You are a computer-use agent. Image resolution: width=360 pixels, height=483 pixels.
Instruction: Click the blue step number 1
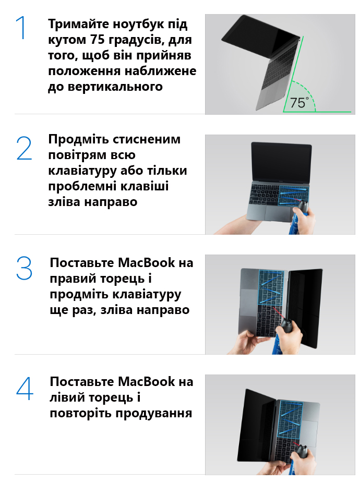coord(21,28)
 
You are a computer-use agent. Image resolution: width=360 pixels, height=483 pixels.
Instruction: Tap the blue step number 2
coord(24,149)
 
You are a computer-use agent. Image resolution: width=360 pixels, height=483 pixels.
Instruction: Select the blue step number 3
coord(24,268)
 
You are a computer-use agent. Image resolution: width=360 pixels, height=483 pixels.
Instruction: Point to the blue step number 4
coord(25,389)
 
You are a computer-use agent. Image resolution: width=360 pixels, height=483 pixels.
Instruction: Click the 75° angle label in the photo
coord(299,103)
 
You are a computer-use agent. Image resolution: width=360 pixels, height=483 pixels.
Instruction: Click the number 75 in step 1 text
coord(97,40)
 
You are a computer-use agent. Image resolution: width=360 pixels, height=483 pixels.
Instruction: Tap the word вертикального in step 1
coord(115,87)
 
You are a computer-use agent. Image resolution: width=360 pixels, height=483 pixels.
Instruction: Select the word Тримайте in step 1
coord(78,24)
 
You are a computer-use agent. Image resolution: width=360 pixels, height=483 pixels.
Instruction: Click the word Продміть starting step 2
coord(79,140)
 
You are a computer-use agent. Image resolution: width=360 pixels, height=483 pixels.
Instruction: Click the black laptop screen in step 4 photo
coord(257,425)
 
